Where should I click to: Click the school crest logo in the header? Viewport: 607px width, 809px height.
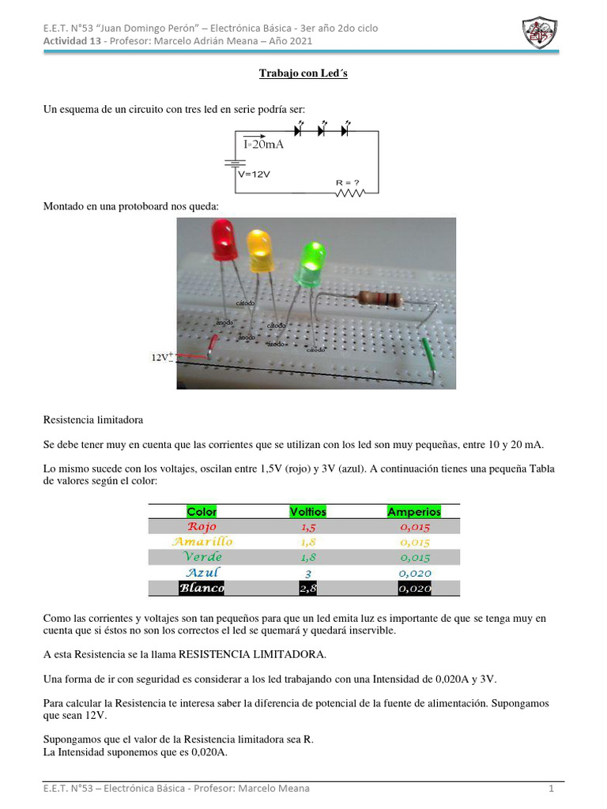[541, 32]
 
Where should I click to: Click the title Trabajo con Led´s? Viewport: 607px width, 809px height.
[303, 73]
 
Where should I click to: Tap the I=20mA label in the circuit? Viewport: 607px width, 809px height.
[263, 145]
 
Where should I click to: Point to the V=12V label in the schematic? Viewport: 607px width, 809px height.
[254, 174]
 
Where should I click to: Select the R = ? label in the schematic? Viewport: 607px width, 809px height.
[348, 182]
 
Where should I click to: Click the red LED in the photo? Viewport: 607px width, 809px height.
[223, 240]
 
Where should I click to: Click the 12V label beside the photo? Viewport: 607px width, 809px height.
[161, 357]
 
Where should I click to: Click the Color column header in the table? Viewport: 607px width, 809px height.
[202, 511]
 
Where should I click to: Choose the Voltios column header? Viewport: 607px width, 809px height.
[308, 511]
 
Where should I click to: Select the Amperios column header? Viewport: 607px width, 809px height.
[414, 511]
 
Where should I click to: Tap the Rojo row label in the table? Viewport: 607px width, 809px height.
[202, 526]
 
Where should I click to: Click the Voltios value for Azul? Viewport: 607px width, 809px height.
[308, 573]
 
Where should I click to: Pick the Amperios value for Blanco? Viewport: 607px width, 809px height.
[414, 589]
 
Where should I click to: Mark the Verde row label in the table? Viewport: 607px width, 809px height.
[202, 557]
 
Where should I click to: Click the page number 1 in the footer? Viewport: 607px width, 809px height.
[552, 788]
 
